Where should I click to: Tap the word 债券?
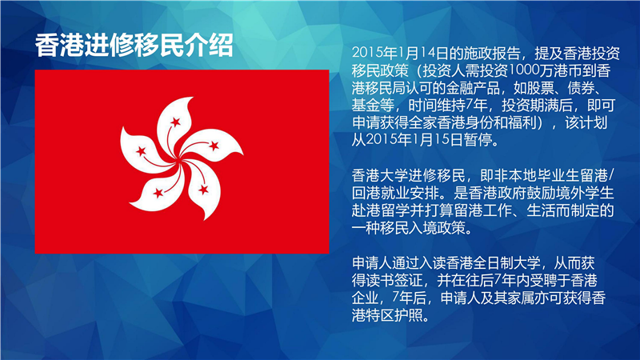(x=582, y=88)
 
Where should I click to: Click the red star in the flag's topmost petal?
(x=175, y=122)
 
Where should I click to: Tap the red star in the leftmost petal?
(x=141, y=151)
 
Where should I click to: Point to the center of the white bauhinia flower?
(x=179, y=162)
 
